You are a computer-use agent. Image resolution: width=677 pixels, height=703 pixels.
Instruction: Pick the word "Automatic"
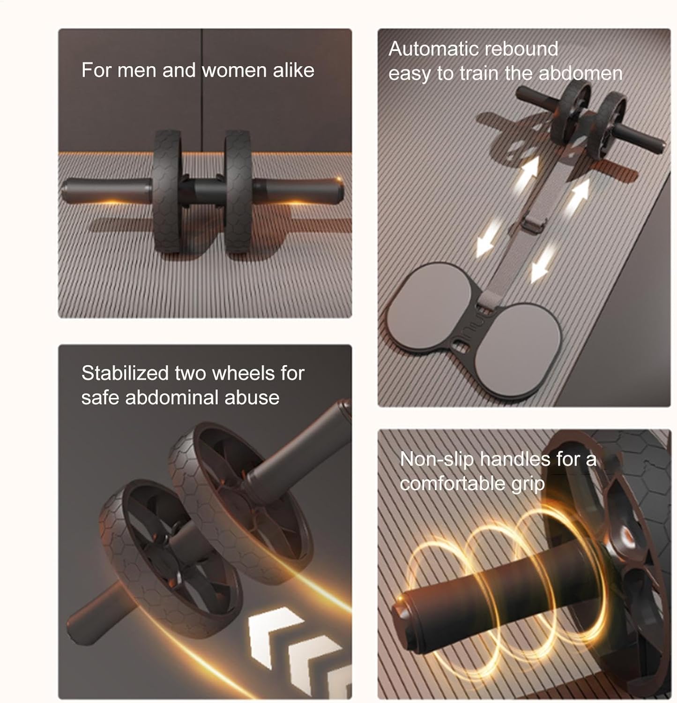(434, 49)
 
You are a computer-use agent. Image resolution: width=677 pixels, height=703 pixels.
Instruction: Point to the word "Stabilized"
(125, 373)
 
